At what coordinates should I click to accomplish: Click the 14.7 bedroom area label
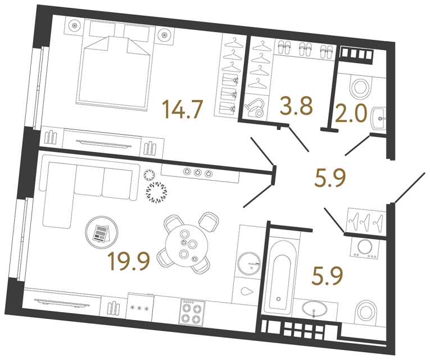[182, 109]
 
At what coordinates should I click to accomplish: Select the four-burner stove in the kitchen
[193, 311]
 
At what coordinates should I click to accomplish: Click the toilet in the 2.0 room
[360, 87]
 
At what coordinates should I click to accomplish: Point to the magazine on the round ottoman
[101, 232]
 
